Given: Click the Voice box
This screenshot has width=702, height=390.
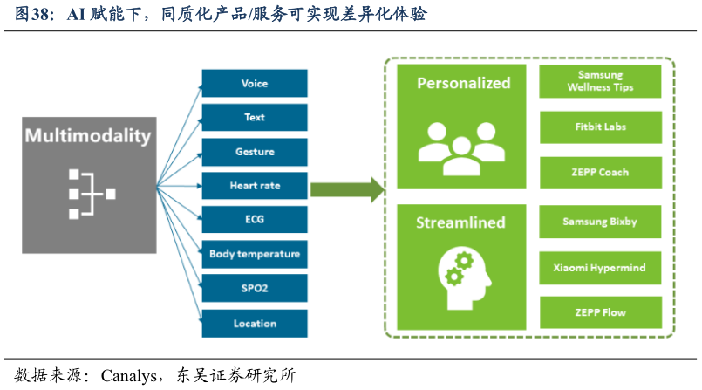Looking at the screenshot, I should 255,84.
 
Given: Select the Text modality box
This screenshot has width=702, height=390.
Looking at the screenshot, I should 255,118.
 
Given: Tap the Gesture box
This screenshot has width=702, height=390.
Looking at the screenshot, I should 255,152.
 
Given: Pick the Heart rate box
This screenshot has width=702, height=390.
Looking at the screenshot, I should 255,186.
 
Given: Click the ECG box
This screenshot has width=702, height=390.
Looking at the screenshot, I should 255,220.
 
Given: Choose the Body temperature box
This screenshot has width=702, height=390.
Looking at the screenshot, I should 255,255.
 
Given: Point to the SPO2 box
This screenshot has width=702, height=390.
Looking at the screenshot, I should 255,289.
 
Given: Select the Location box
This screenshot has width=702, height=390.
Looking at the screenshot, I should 255,324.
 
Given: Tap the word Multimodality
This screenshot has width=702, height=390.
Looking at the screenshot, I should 88,136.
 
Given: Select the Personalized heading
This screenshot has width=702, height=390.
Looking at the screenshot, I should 463,84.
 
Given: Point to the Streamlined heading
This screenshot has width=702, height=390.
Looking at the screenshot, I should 461,222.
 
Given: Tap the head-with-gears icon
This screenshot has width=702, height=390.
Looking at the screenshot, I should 462,277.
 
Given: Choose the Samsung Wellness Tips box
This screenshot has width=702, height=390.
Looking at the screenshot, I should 600,82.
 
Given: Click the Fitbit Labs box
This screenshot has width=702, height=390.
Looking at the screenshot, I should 600,127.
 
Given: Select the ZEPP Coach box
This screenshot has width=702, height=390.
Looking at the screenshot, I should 600,173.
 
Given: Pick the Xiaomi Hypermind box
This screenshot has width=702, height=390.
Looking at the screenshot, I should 600,268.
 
